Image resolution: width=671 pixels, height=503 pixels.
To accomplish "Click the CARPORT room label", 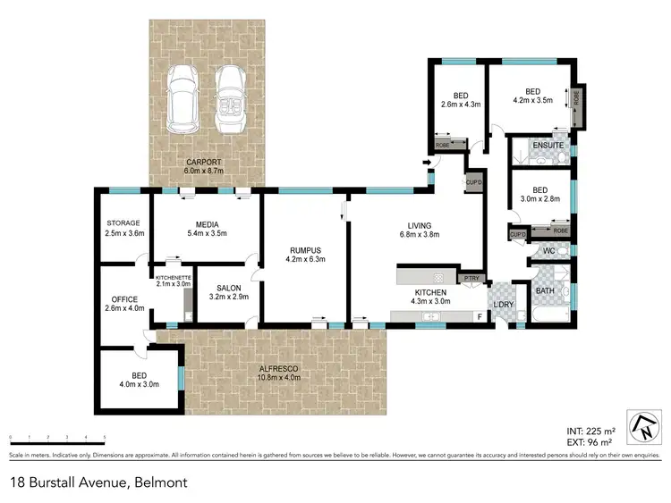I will point(203,162).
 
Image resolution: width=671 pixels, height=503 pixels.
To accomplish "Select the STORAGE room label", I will point(123,225).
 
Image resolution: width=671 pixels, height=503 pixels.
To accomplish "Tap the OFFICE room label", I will point(123,299).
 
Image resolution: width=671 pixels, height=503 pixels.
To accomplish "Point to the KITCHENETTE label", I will point(174,278).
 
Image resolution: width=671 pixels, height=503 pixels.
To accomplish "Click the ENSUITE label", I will point(548,145).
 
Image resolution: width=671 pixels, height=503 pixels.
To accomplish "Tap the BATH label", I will point(544,290).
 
